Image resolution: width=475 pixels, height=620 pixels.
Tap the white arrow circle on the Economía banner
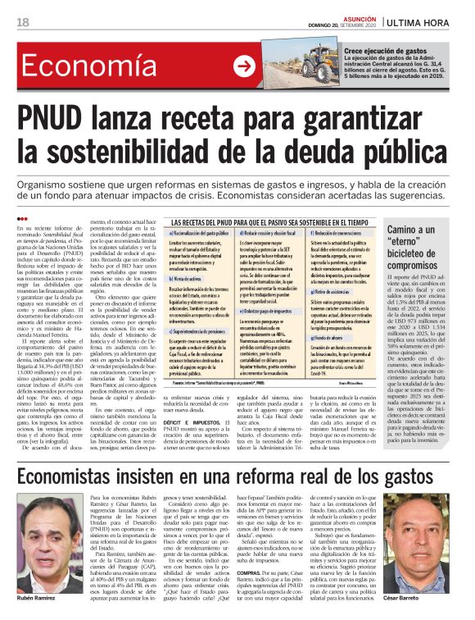click(244, 66)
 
